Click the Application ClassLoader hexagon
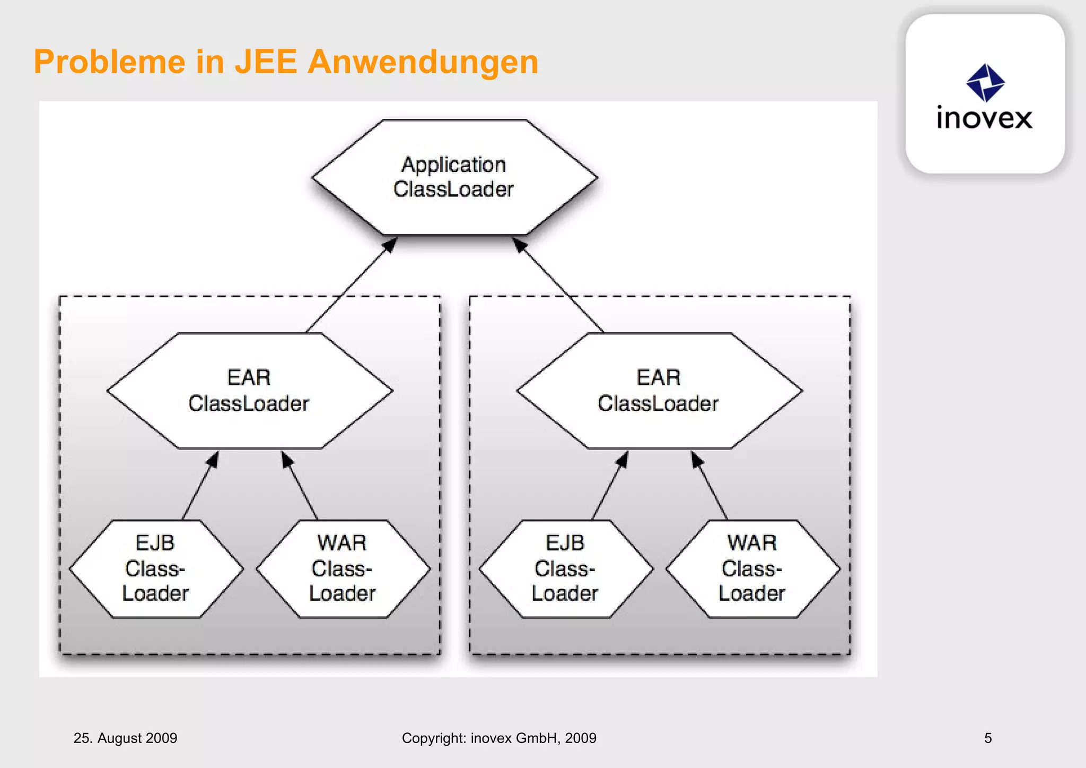454,177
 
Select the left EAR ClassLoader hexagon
249,391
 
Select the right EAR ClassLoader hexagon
659,391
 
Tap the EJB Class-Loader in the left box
156,569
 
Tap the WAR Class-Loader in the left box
343,569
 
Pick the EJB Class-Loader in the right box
566,569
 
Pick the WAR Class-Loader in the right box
752,569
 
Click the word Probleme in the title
109,62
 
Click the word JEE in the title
266,62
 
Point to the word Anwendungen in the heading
423,62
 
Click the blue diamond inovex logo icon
985,82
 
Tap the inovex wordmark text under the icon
984,118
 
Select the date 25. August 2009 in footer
125,738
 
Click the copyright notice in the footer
499,738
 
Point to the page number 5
988,738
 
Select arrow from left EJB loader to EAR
200,486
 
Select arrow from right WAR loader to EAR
711,486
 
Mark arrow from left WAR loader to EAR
300,486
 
